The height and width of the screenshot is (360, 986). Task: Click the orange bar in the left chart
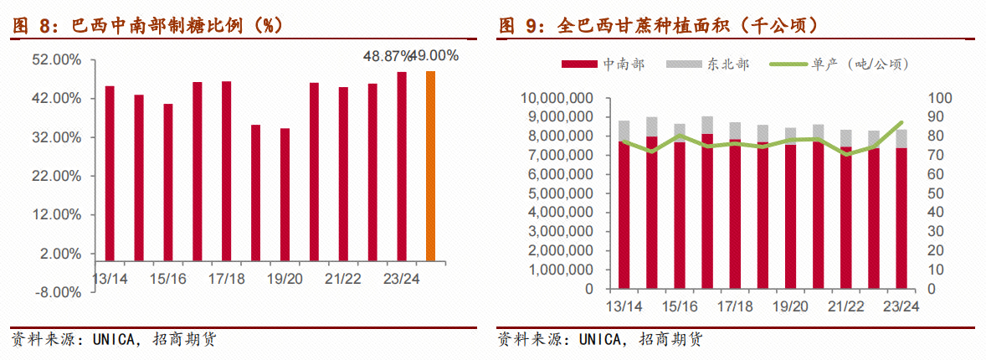point(430,166)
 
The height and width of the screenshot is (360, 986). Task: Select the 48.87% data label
point(387,56)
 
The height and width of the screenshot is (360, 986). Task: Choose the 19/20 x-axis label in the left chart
point(285,277)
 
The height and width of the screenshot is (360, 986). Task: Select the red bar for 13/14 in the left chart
point(110,173)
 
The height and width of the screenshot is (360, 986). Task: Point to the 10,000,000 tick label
point(558,98)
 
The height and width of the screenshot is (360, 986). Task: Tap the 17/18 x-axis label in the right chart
point(734,306)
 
